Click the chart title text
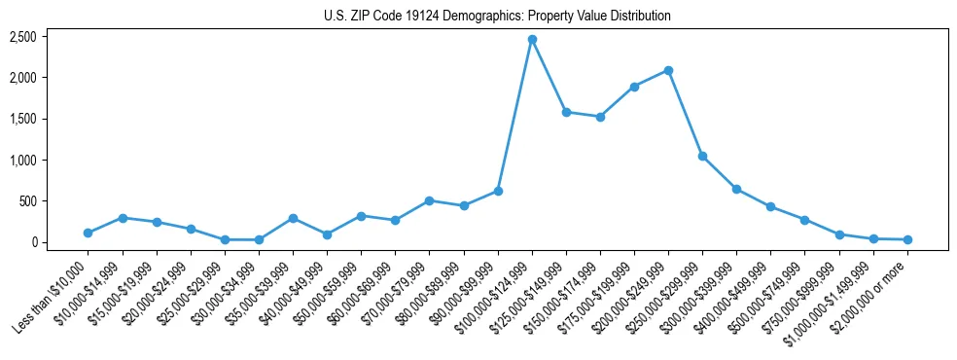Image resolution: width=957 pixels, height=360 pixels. [x=497, y=17]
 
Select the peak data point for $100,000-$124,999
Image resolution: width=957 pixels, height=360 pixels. [x=532, y=39]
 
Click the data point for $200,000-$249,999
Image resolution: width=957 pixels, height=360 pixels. [x=668, y=70]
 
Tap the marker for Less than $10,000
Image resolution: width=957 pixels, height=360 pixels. [x=89, y=233]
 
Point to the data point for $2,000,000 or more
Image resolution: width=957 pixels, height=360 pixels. [x=907, y=239]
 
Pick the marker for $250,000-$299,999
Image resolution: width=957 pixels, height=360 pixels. [x=702, y=156]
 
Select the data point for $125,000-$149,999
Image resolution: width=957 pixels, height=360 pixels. [x=566, y=112]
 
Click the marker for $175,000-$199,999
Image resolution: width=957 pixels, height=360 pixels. [x=634, y=87]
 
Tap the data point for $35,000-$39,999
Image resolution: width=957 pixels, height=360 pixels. [x=293, y=218]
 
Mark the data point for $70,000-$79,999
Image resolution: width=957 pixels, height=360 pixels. [x=429, y=200]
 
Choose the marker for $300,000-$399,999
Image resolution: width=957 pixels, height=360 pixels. [x=736, y=189]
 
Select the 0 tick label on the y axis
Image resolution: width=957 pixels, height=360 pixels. [x=33, y=242]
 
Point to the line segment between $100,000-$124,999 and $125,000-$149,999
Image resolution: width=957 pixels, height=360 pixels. [x=549, y=76]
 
